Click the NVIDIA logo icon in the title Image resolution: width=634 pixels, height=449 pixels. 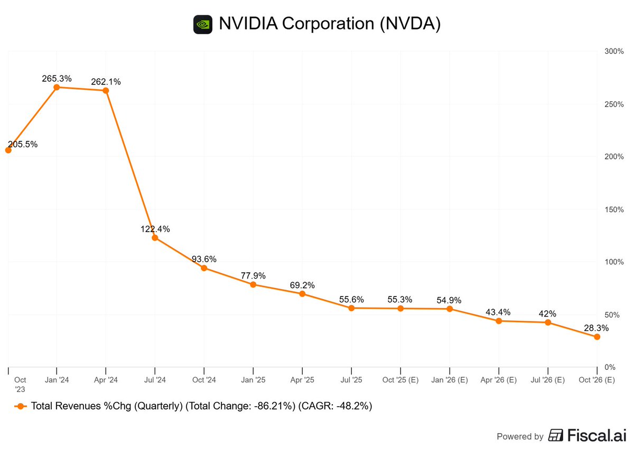[203, 24]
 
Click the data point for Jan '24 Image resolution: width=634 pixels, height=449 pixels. [57, 87]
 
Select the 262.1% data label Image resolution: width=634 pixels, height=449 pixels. [106, 82]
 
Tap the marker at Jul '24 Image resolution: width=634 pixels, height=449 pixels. [155, 238]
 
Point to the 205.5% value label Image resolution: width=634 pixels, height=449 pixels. [23, 144]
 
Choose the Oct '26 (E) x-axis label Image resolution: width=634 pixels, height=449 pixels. [596, 380]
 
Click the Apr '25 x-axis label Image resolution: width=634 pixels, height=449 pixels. [302, 380]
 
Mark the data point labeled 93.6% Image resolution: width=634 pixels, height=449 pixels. [204, 268]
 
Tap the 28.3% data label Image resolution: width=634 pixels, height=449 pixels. [596, 328]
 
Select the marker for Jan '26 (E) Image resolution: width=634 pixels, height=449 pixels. [450, 309]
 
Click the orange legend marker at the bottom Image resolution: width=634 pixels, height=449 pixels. [21, 406]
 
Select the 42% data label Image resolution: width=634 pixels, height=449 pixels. [548, 313]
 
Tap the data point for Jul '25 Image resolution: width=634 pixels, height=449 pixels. [351, 308]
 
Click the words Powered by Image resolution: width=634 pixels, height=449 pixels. [520, 436]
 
